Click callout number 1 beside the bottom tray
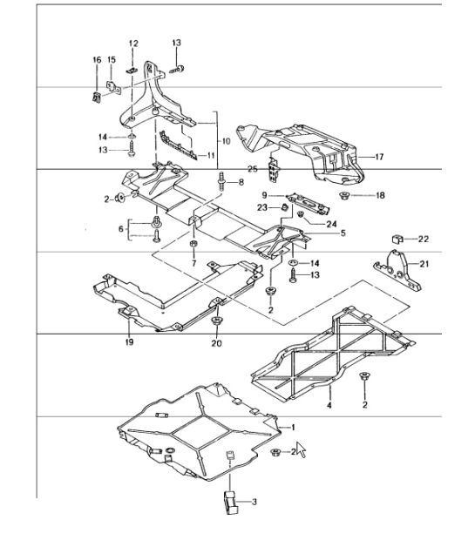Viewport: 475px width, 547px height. [294, 427]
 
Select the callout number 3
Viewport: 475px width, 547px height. [254, 503]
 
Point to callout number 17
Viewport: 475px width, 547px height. [379, 158]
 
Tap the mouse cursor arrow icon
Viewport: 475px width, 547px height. [302, 450]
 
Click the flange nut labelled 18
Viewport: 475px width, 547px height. [344, 197]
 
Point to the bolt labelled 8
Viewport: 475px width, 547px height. [218, 183]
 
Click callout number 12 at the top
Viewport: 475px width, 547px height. [133, 43]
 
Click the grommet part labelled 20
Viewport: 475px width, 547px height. [214, 325]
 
